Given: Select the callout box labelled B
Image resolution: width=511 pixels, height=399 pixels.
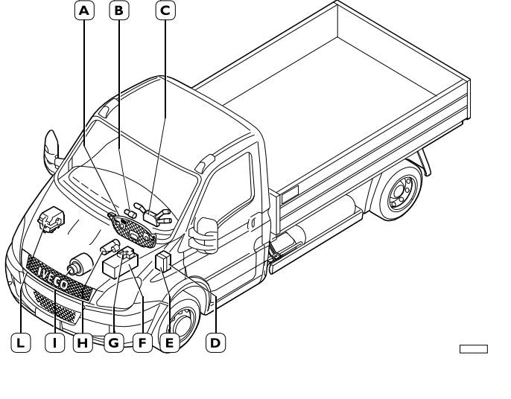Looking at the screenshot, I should click(118, 10).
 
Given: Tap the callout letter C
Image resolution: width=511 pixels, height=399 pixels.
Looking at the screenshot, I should click(165, 10).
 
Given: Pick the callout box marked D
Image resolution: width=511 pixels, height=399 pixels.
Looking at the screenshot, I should click(215, 342).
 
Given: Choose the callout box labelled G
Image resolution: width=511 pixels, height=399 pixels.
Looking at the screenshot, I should click(114, 343).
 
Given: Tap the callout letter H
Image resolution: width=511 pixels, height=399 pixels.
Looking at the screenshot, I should click(82, 343).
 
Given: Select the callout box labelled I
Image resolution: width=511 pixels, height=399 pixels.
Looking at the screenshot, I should click(54, 343).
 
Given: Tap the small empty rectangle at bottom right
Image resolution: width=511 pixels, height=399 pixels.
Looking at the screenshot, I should click(473, 348).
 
